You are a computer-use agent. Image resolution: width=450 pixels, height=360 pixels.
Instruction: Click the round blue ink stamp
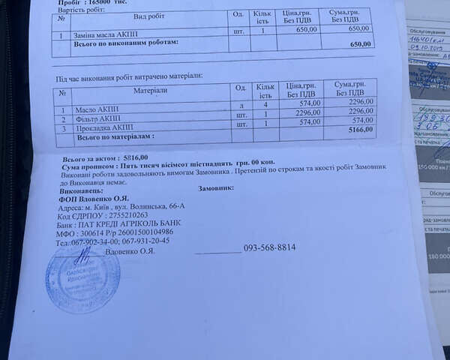pyautogui.click(x=82, y=277)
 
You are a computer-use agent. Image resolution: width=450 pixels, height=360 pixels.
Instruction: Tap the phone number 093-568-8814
pyautogui.click(x=269, y=247)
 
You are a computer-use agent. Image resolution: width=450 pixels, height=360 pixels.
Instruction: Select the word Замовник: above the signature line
pyautogui.click(x=215, y=188)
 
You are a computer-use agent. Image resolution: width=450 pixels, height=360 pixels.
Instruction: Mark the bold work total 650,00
pyautogui.click(x=361, y=44)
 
